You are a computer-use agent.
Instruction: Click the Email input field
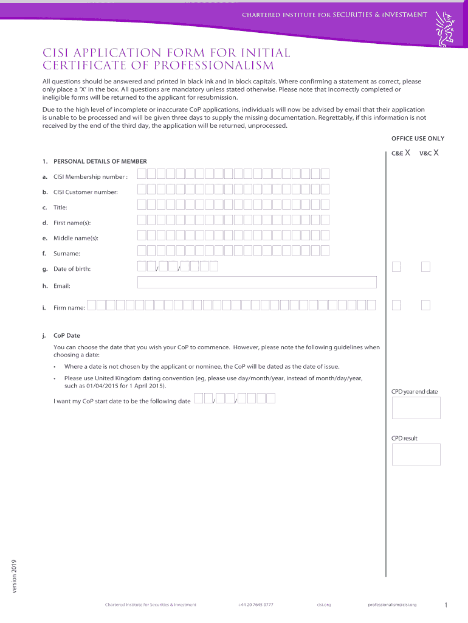coord(257,282)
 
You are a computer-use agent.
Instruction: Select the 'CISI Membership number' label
coord(91,177)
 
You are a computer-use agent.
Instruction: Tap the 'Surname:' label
coord(66,254)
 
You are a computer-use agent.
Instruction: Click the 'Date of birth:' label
coord(72,269)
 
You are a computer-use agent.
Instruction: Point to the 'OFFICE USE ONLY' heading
coord(418,139)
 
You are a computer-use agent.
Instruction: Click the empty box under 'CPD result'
coord(416,454)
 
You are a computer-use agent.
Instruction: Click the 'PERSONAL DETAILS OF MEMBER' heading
coord(100,161)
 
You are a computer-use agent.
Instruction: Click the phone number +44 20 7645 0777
coord(255,605)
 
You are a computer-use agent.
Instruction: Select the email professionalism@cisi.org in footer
coord(392,605)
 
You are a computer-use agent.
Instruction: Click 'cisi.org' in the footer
coord(323,605)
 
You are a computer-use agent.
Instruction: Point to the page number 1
coord(446,605)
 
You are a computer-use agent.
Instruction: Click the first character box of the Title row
coord(142,204)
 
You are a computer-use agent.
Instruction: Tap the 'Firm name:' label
coord(69,308)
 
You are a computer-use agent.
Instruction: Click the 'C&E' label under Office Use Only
coord(397,153)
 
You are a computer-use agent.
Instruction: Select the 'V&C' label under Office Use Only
coord(425,153)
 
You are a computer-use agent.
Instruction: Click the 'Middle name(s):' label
coord(76,238)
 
